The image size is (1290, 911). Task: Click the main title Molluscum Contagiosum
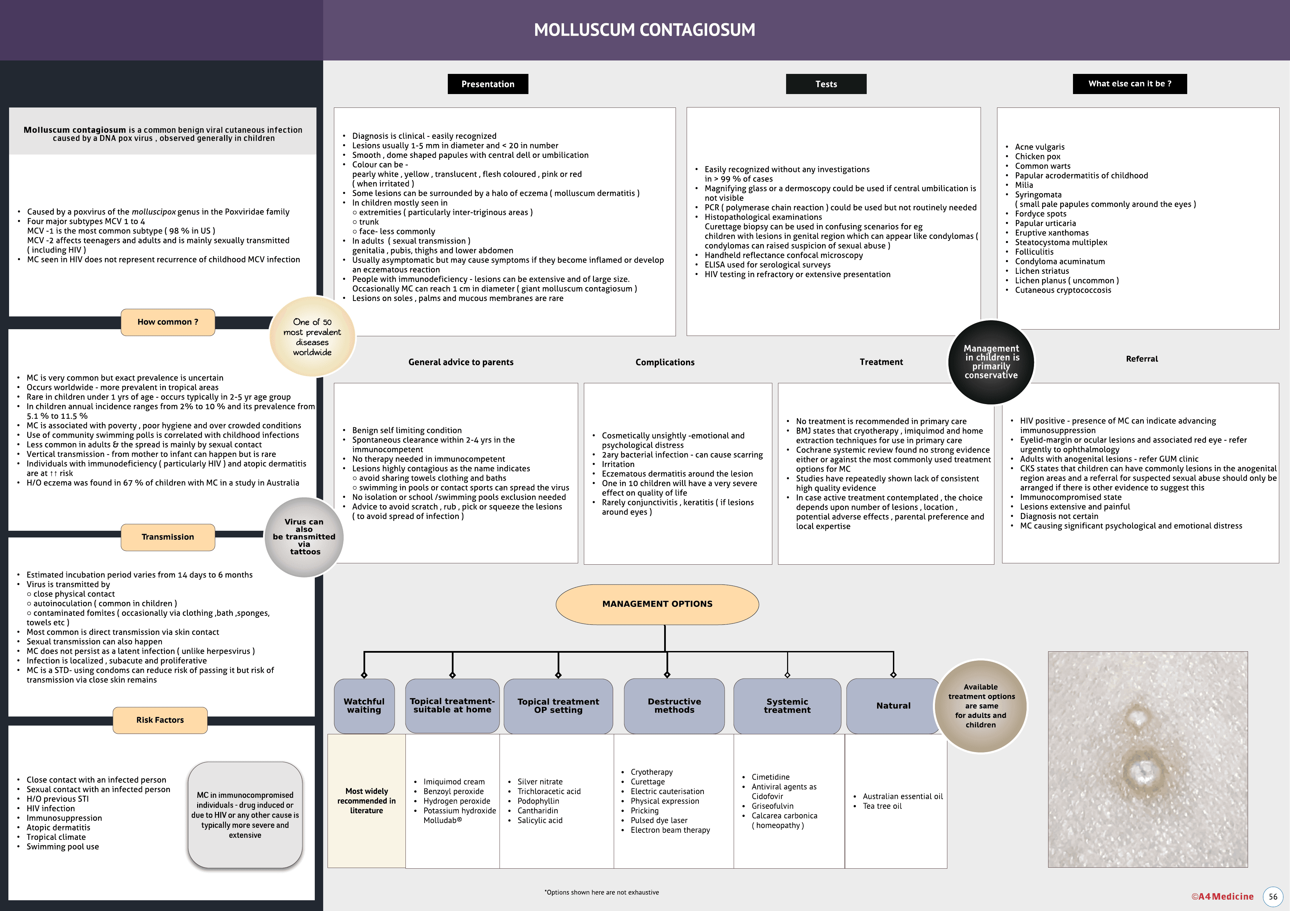644,30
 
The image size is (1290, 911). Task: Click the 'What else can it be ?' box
1129,84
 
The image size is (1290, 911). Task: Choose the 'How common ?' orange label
167,322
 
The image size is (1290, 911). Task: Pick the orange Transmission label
167,537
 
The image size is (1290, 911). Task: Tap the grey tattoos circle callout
304,537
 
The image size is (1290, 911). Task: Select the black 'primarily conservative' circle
991,362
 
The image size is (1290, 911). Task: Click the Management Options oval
657,604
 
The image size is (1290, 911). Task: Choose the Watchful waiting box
364,705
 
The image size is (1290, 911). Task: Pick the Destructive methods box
674,705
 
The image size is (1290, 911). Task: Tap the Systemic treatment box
787,705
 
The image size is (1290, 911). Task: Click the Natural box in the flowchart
893,705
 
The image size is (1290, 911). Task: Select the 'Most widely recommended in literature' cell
366,800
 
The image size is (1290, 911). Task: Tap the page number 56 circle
1273,897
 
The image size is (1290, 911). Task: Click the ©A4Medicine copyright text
1222,897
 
